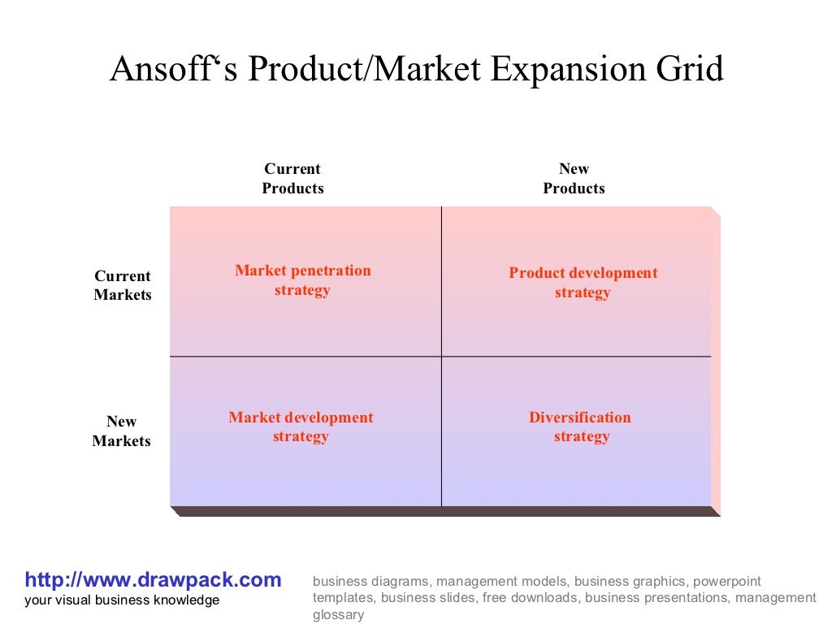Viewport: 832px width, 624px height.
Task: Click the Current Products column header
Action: tap(292, 179)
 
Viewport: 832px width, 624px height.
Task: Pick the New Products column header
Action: tap(574, 179)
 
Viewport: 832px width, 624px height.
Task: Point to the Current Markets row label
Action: tap(123, 286)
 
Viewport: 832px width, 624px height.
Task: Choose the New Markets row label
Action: tap(122, 431)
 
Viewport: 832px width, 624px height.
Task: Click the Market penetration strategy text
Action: tap(302, 280)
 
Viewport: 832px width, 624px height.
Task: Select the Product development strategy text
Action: tap(583, 283)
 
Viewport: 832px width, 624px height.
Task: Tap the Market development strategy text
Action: tap(301, 427)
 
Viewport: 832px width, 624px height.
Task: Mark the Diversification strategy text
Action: tap(580, 427)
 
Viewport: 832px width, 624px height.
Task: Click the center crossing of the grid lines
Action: tap(441, 356)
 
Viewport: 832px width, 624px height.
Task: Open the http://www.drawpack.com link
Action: tap(153, 580)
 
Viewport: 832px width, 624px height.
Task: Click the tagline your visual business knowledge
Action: tap(122, 600)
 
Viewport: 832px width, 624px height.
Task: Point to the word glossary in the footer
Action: tap(339, 615)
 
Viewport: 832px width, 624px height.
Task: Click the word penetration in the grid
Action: tap(331, 271)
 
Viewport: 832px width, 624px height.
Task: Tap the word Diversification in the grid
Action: tap(580, 418)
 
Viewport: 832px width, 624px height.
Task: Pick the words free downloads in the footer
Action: tap(531, 598)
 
